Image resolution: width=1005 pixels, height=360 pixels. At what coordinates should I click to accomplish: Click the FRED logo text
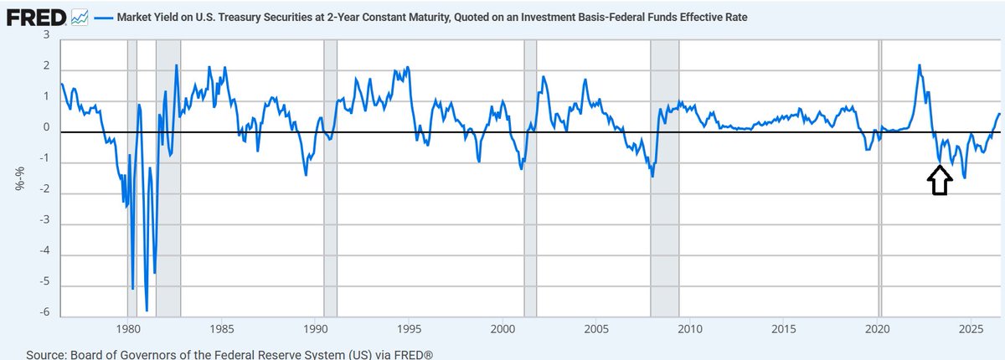[36, 18]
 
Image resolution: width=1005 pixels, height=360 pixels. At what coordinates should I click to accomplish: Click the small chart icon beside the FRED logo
[80, 18]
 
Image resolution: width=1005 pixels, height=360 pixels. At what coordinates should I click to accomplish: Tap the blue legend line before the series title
[103, 18]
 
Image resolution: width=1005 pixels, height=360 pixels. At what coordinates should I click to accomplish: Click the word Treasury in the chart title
[241, 18]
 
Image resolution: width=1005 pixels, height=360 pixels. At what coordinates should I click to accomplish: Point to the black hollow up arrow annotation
[940, 180]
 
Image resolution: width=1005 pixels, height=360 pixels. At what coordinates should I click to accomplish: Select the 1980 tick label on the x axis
[128, 330]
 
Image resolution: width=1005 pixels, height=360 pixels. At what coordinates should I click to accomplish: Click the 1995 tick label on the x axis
[410, 330]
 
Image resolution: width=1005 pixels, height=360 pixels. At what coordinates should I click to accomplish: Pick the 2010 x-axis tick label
[690, 330]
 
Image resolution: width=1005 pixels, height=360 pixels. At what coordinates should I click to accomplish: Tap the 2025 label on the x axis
[971, 330]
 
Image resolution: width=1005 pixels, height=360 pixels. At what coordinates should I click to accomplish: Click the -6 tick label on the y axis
[44, 312]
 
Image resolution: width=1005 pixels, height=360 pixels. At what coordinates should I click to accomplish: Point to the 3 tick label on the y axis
[46, 35]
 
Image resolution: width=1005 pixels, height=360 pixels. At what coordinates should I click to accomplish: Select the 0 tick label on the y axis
[46, 128]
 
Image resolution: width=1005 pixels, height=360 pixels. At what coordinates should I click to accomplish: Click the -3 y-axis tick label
[44, 220]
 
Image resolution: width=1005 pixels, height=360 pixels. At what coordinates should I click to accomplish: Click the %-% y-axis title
[20, 179]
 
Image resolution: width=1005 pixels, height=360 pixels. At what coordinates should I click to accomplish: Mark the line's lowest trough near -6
[147, 311]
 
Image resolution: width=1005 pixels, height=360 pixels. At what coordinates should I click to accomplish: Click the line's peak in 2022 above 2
[920, 65]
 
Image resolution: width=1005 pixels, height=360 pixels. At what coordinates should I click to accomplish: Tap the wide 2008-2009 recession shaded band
[664, 178]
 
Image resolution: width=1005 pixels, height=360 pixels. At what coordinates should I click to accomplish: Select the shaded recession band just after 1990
[331, 178]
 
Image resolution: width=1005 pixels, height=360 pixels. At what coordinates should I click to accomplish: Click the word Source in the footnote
[45, 355]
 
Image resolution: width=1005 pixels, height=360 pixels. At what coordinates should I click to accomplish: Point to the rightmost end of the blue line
[1000, 114]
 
